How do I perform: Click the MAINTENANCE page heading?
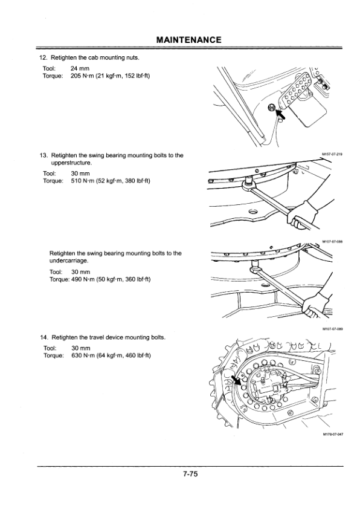(x=188, y=40)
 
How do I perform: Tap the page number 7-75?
(x=190, y=474)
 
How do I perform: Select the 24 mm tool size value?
(x=80, y=68)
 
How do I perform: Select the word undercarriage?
(x=68, y=261)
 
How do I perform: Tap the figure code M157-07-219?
(x=332, y=154)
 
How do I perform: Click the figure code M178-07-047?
(x=333, y=433)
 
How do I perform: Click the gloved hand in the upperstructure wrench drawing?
(x=302, y=215)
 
